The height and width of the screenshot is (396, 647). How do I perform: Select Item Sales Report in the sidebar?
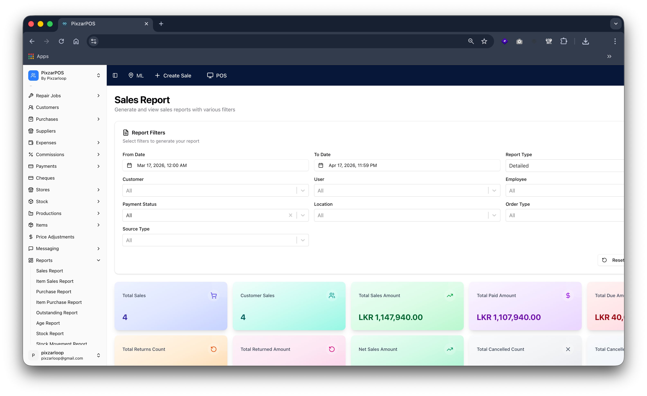click(55, 281)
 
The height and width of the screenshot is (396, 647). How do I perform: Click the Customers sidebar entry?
click(47, 107)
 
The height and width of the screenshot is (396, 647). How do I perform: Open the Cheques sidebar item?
click(45, 178)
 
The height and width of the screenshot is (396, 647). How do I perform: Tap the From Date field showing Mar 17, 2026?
click(215, 165)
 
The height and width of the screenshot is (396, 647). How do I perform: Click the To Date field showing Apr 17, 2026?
click(407, 165)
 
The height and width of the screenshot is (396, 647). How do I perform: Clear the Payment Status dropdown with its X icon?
click(290, 215)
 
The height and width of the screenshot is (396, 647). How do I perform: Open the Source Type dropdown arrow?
click(303, 240)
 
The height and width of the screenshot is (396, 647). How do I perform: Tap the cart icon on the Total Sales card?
click(214, 295)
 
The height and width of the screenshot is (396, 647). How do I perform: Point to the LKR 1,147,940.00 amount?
click(390, 317)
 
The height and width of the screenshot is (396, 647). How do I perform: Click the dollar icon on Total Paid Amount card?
click(568, 295)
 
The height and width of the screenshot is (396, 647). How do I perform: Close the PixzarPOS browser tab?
click(146, 24)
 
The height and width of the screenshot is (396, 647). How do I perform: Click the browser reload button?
click(61, 41)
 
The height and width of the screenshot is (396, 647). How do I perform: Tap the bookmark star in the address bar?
click(484, 41)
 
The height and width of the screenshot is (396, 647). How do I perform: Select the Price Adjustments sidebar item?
click(55, 237)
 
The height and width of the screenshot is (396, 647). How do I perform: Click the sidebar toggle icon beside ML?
click(115, 76)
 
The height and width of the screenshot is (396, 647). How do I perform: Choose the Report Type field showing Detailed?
click(565, 166)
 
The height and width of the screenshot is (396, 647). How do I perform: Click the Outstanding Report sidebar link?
click(57, 313)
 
